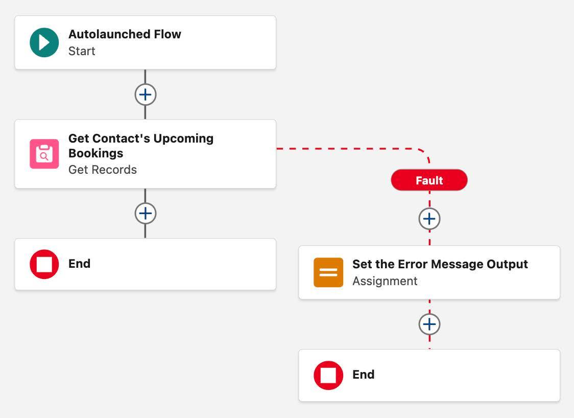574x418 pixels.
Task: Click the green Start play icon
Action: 44,42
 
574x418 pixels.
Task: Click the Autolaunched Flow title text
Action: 125,34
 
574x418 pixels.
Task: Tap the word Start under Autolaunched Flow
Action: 82,51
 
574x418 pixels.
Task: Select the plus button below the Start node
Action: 146,95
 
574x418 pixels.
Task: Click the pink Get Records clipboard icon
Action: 44,154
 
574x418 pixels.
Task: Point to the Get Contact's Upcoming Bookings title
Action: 141,138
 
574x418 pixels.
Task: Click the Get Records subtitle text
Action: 103,170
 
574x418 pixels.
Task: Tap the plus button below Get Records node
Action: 146,213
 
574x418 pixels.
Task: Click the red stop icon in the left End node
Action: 44,264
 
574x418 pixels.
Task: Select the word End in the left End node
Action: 79,264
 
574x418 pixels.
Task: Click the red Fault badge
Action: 429,180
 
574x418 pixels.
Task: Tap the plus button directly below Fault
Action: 429,219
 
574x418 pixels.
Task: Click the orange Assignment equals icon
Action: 328,272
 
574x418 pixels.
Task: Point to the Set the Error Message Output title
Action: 440,264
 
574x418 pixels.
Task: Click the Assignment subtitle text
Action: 385,281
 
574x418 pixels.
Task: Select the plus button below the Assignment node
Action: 429,324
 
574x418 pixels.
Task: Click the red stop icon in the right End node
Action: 328,375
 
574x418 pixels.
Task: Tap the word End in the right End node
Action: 363,375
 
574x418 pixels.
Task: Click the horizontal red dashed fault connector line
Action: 347,149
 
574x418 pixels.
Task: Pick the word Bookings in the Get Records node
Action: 95,153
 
